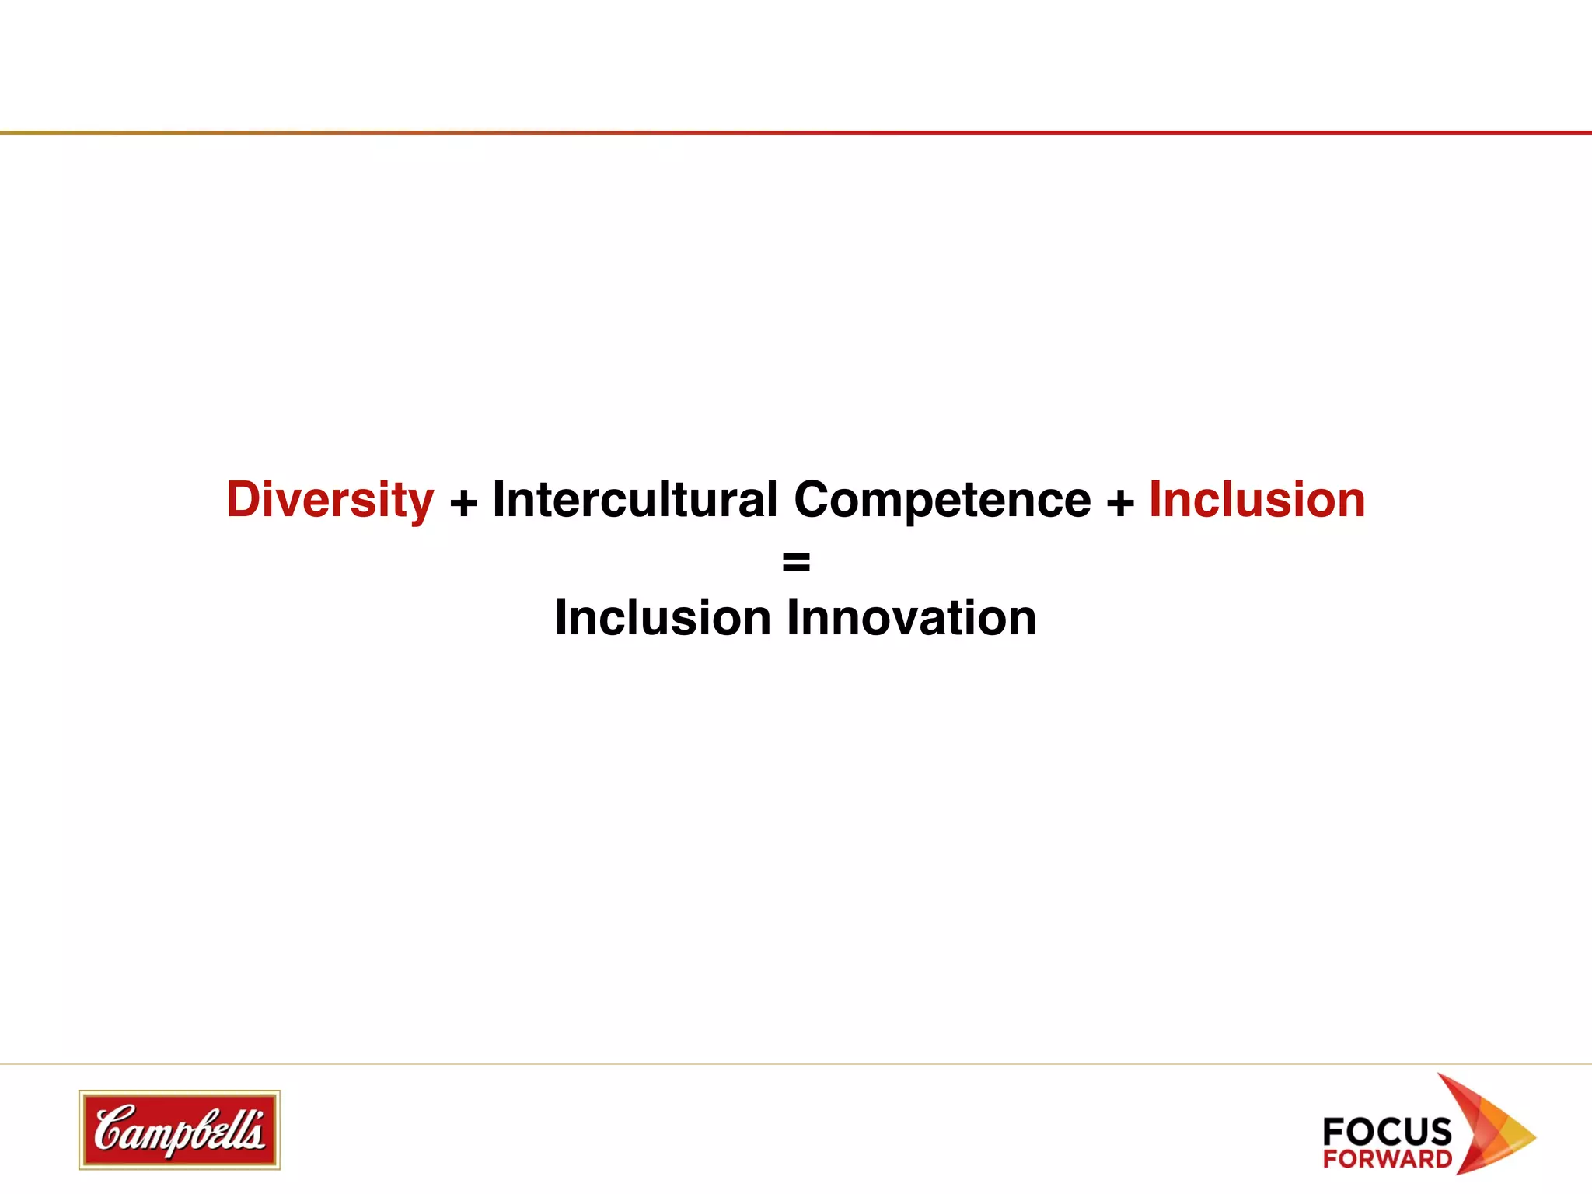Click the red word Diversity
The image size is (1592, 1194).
tap(330, 500)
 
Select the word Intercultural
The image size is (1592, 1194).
tap(635, 499)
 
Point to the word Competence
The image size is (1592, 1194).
tap(942, 499)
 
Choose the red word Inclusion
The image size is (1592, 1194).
tap(1257, 499)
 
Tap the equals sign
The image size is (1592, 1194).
tap(796, 560)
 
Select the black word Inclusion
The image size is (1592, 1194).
tap(662, 618)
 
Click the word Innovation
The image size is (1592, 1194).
tap(912, 618)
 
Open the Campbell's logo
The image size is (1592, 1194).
tap(180, 1129)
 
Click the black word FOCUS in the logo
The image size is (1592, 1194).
tap(1387, 1131)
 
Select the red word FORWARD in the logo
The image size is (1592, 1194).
tap(1388, 1159)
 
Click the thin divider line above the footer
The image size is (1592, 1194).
tap(796, 1063)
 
